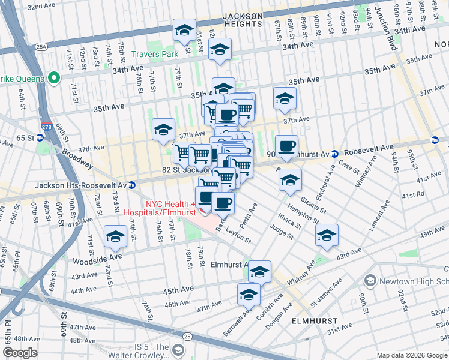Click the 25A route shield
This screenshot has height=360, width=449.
point(41,46)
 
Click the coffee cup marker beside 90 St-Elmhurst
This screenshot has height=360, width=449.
point(286,146)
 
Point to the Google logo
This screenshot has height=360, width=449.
point(20,353)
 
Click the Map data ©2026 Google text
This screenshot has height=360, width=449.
point(412,355)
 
